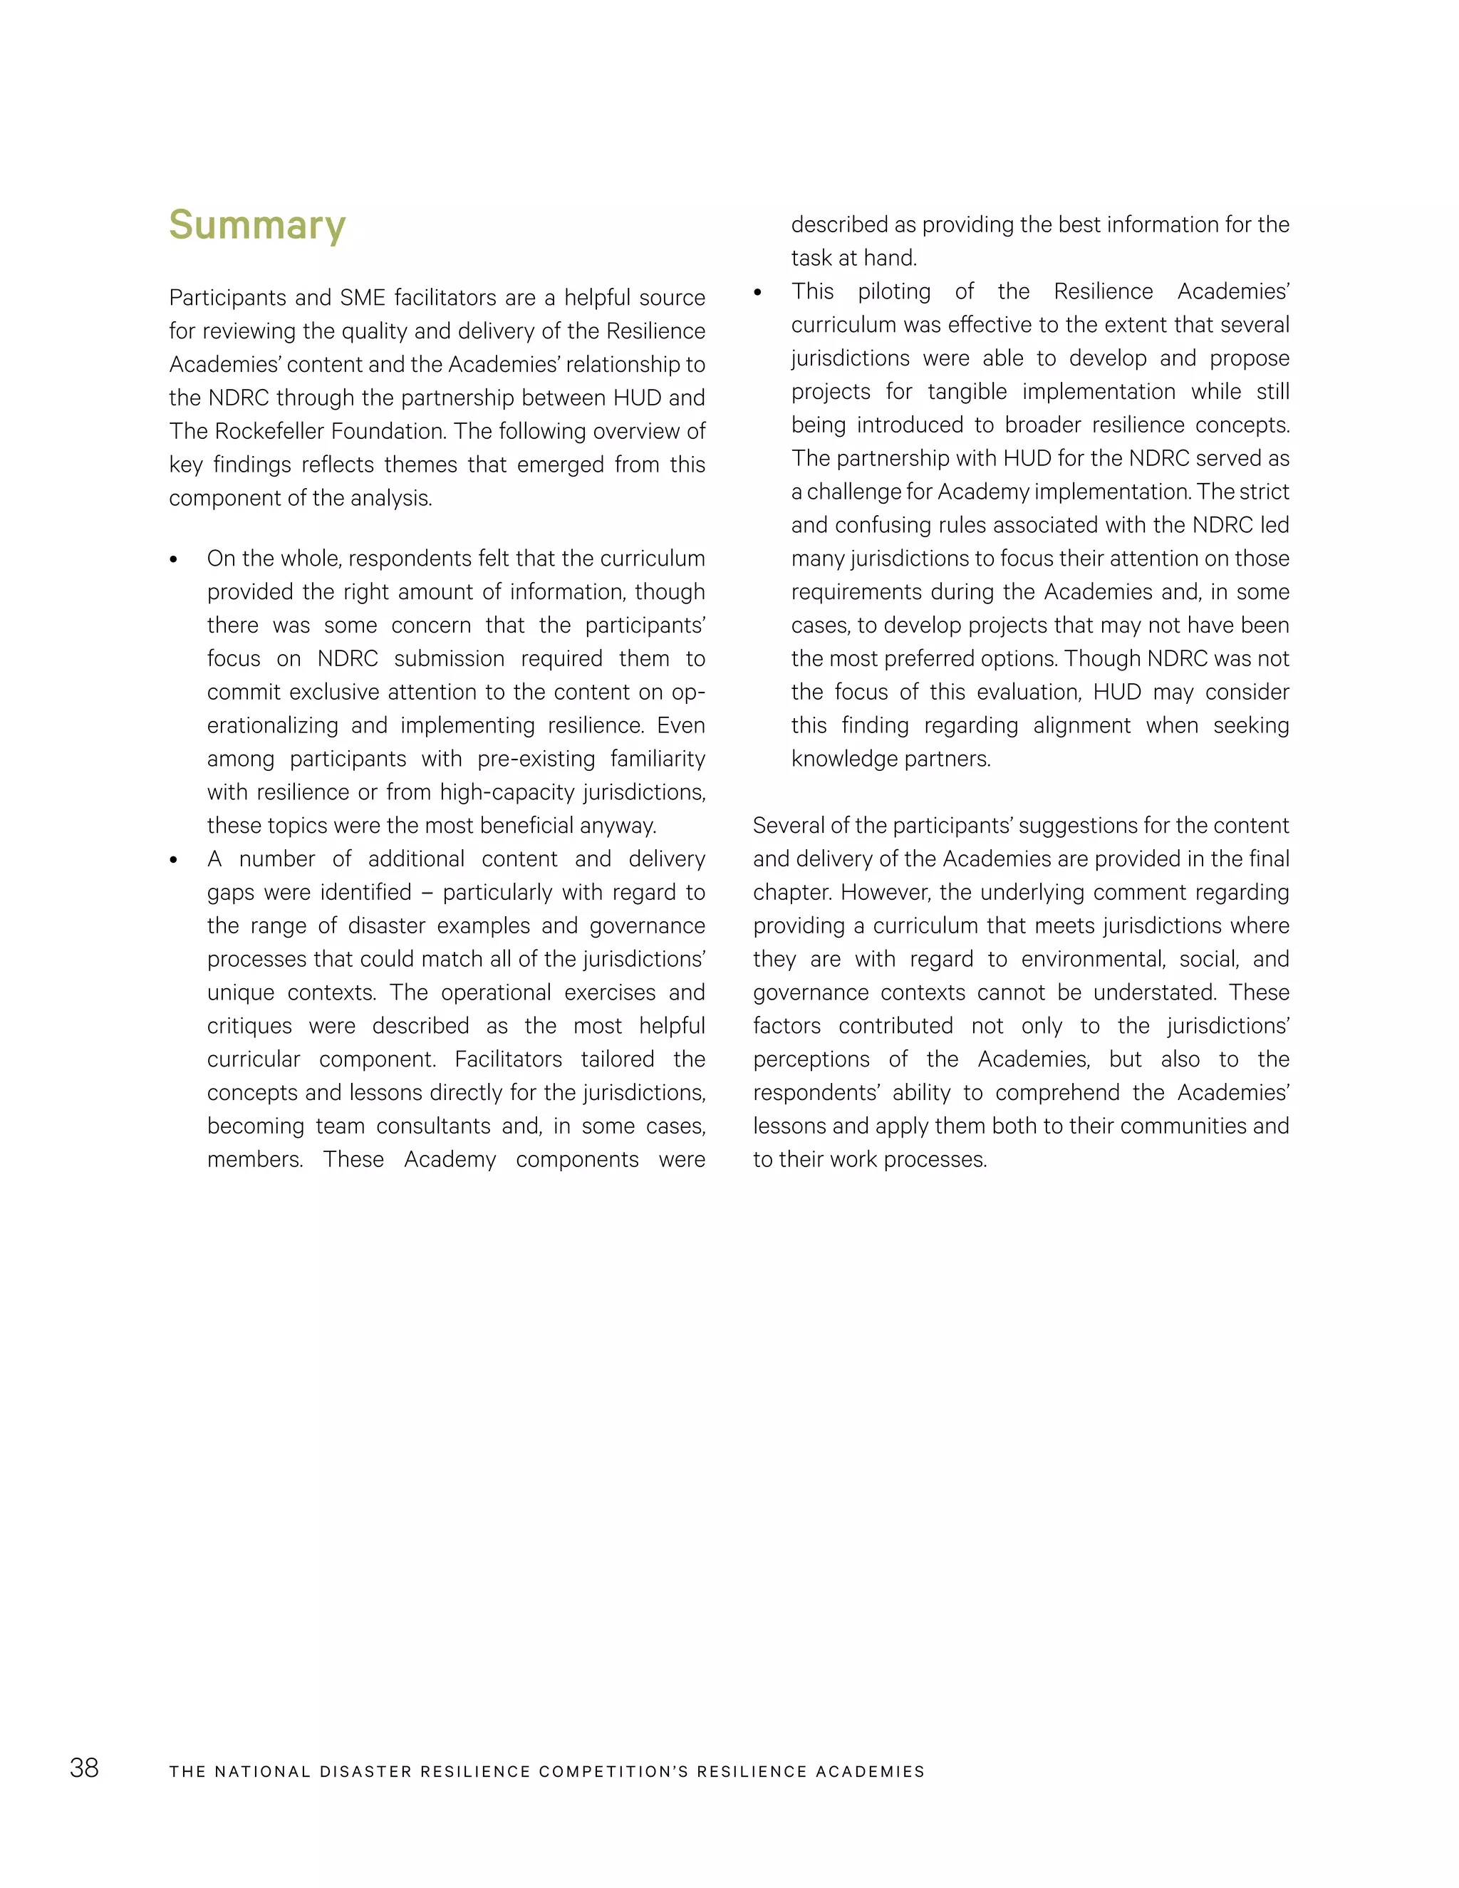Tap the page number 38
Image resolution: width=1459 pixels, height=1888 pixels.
point(84,1768)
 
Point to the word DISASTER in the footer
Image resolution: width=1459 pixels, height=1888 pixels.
point(365,1771)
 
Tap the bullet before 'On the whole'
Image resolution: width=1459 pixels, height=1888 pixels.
point(174,560)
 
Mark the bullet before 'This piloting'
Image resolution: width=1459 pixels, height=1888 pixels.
point(758,293)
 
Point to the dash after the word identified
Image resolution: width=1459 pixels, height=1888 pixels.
point(427,893)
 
